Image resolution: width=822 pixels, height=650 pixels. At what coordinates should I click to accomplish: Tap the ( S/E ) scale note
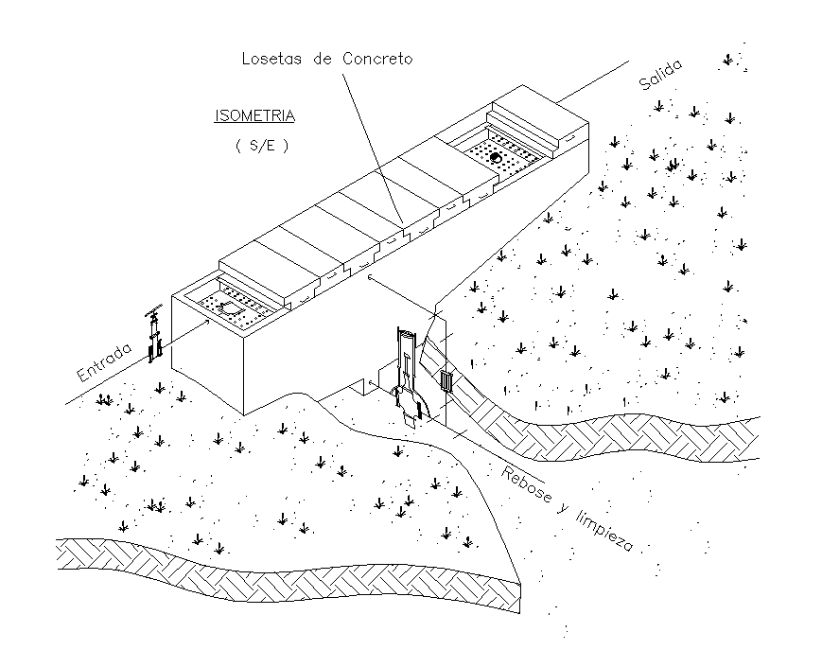(x=260, y=148)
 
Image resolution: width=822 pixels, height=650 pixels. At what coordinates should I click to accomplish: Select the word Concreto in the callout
(x=378, y=59)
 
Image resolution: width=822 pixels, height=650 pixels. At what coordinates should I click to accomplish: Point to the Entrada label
(x=104, y=362)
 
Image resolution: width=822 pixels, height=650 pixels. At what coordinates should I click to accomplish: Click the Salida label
(x=660, y=74)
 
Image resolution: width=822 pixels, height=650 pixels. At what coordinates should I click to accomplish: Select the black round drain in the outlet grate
(x=494, y=156)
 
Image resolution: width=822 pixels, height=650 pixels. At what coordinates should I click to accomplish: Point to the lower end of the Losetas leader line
(x=404, y=228)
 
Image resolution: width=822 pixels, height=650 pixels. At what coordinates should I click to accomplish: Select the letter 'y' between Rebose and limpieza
(x=565, y=512)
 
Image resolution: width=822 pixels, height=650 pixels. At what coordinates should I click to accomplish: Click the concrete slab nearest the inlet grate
(x=267, y=269)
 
